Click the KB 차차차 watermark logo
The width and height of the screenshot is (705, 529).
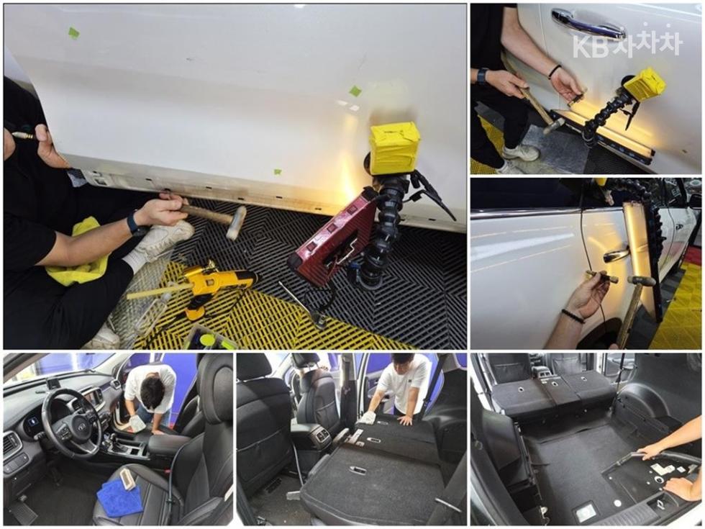tap(627, 42)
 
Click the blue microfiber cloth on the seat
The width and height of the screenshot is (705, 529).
tap(119, 497)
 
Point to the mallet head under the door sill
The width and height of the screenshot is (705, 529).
tap(237, 222)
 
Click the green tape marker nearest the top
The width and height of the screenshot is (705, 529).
tap(73, 33)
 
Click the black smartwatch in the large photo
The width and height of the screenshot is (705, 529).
tap(134, 224)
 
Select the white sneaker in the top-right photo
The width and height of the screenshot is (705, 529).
tap(521, 152)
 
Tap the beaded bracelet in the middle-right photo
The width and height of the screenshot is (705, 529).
tap(573, 316)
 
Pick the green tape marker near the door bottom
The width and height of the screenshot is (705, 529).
tap(278, 171)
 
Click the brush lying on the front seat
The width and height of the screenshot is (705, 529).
tap(128, 476)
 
